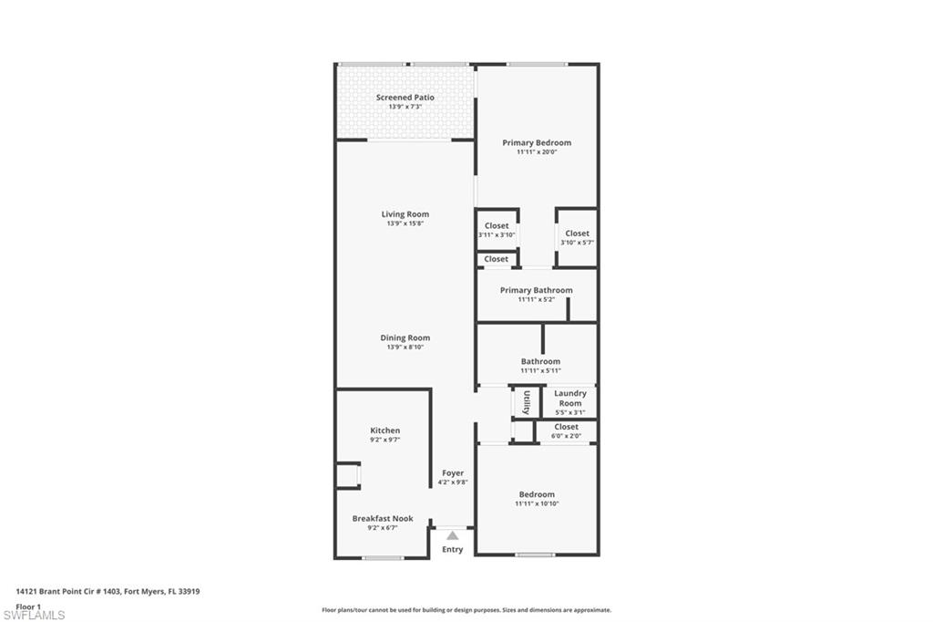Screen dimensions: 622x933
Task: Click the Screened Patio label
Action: tap(405, 98)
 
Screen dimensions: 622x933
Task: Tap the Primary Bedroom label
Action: tap(537, 143)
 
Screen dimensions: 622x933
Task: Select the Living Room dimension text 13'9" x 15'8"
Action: tap(405, 223)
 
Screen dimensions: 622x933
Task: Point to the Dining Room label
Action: tap(405, 338)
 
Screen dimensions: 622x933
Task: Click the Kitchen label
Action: tap(384, 430)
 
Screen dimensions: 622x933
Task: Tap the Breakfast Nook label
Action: tap(383, 519)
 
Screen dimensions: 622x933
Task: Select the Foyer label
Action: tap(453, 473)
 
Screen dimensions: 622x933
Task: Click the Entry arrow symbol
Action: tap(453, 535)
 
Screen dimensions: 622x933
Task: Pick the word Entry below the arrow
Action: tap(453, 549)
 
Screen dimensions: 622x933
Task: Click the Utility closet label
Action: tap(527, 402)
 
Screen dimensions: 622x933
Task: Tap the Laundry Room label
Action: tap(570, 399)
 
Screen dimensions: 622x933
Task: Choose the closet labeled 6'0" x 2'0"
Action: tap(566, 431)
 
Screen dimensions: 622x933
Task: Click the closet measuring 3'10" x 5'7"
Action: tap(577, 238)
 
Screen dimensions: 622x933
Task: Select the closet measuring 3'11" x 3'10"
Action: tap(497, 230)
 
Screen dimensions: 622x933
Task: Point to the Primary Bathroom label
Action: tap(537, 291)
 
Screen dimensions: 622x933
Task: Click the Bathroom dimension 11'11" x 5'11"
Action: tap(540, 371)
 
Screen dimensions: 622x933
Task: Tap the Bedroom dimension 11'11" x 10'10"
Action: tap(537, 503)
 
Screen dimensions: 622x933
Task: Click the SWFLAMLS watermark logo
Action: tap(34, 615)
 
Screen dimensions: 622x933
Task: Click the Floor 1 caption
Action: tap(29, 606)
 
